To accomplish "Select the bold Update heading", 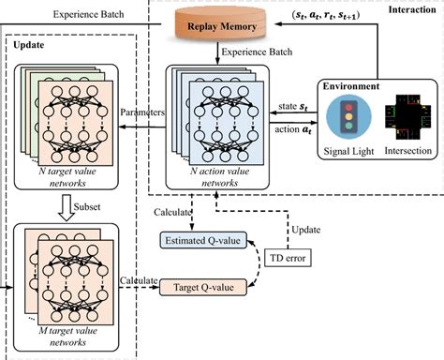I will [30, 44].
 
